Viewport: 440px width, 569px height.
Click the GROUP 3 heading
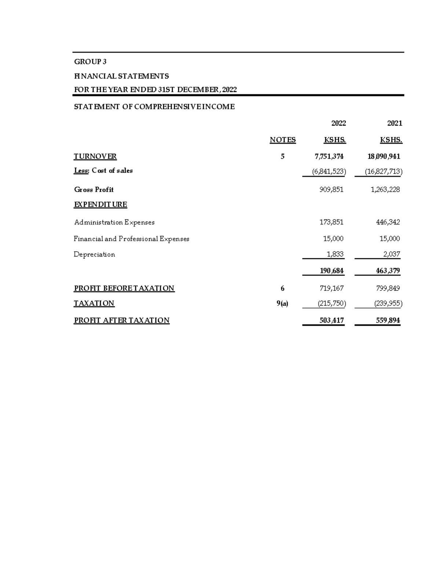click(90, 62)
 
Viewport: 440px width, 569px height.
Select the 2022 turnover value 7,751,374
click(329, 156)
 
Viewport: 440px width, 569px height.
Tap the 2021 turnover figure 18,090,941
click(384, 156)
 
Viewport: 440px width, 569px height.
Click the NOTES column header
click(282, 140)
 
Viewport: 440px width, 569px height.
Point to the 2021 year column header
click(395, 123)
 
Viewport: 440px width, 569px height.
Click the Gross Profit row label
click(94, 189)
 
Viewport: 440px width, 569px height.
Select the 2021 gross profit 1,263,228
click(385, 189)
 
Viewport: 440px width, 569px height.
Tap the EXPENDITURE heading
click(100, 204)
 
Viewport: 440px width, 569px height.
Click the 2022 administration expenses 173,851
click(331, 222)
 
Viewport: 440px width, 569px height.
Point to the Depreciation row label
click(94, 254)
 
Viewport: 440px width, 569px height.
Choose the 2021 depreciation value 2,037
click(392, 254)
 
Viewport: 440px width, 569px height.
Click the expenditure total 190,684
click(331, 271)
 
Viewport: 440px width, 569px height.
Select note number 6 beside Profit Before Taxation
click(282, 288)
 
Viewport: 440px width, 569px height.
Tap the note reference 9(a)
click(282, 303)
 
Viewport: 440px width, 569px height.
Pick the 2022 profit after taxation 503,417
click(331, 321)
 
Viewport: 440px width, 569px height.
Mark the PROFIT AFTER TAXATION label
click(122, 321)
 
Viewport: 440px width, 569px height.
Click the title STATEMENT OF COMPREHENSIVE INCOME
click(154, 107)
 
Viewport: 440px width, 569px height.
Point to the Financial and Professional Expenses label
click(131, 239)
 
